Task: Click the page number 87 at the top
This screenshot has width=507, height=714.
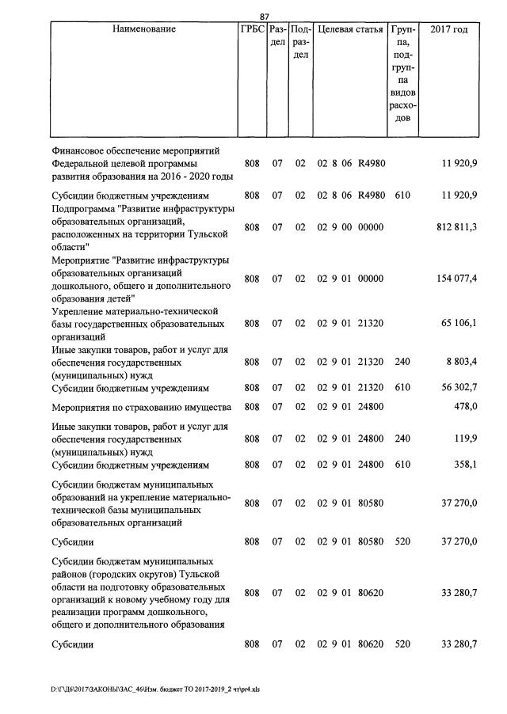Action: pyautogui.click(x=265, y=16)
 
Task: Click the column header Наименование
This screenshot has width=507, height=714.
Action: pyautogui.click(x=143, y=29)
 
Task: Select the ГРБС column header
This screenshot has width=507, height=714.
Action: pyautogui.click(x=252, y=29)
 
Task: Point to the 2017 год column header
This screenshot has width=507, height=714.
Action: pyautogui.click(x=448, y=29)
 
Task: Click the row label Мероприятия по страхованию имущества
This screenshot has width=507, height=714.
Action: pyautogui.click(x=140, y=407)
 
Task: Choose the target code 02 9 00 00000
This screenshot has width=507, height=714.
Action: pyautogui.click(x=350, y=227)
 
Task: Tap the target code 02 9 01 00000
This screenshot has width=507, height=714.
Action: pyautogui.click(x=350, y=279)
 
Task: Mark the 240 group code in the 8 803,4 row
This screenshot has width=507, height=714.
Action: pyautogui.click(x=402, y=362)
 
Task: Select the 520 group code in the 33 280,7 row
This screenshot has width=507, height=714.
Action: pyautogui.click(x=402, y=644)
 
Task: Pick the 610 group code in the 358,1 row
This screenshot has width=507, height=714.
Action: pyautogui.click(x=402, y=465)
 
